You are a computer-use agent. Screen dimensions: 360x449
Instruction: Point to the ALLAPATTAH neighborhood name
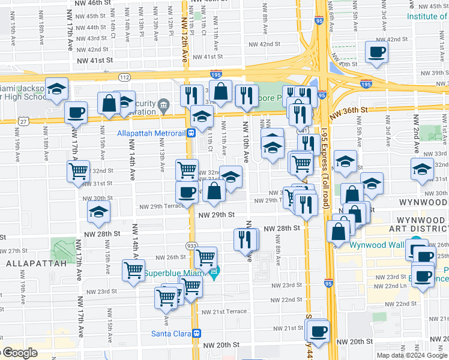coord(29,263)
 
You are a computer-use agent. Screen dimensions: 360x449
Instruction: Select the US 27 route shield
coord(22,121)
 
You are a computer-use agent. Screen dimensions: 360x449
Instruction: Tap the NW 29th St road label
coord(218,214)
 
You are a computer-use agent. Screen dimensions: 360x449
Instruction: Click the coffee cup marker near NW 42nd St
coord(377,52)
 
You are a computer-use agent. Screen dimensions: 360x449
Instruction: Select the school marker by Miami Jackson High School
coord(56,89)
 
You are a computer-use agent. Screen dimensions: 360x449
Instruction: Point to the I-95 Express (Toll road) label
coord(326,174)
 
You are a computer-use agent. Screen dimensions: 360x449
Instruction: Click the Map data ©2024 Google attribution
coord(412,355)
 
